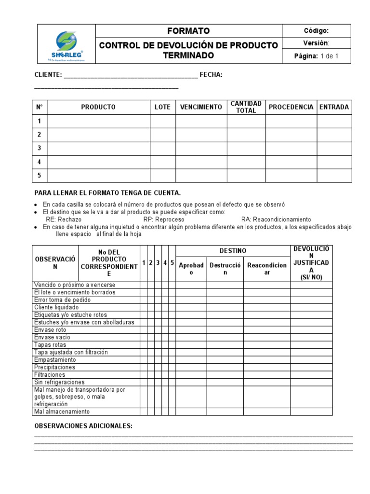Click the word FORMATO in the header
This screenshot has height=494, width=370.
coord(188,31)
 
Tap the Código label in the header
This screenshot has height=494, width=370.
coord(317,31)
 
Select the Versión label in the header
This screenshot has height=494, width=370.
coord(316,43)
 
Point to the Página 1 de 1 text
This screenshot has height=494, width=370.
coord(316,56)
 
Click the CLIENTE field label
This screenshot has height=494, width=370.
coord(48,75)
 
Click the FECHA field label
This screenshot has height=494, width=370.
coord(211,75)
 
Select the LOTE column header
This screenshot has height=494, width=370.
coord(162,107)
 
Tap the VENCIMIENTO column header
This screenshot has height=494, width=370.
coord(201,107)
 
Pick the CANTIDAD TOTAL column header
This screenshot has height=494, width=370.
coord(246,107)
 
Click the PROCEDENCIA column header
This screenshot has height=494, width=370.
coord(291,107)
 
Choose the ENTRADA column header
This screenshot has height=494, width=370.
coord(334,107)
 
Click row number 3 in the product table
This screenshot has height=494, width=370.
coord(40,148)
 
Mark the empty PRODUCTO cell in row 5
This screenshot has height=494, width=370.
coord(98,176)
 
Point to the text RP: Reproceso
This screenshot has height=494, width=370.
coord(164,219)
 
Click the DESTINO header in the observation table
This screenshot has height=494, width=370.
coord(233,251)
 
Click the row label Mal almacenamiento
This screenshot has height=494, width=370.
coord(62,412)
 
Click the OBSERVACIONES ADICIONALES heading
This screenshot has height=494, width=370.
coord(83,426)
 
